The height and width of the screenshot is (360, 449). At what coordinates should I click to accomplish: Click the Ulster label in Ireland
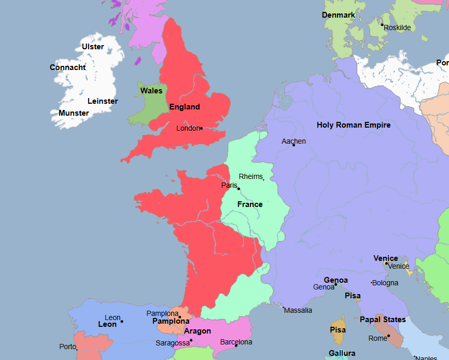pyautogui.click(x=93, y=47)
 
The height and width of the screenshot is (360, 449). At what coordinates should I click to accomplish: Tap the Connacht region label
pyautogui.click(x=68, y=67)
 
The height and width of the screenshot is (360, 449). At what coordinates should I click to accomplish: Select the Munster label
pyautogui.click(x=74, y=113)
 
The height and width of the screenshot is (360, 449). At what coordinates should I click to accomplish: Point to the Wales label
pyautogui.click(x=151, y=91)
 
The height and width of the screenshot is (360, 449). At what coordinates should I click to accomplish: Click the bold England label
pyautogui.click(x=185, y=107)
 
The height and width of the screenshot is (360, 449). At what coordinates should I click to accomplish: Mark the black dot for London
pyautogui.click(x=201, y=128)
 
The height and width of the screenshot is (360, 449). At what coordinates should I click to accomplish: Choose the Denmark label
pyautogui.click(x=339, y=15)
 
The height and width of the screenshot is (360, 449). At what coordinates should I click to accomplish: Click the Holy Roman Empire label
pyautogui.click(x=354, y=125)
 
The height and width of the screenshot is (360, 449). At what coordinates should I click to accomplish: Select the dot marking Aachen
pyautogui.click(x=293, y=145)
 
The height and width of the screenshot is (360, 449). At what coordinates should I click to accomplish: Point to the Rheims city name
pyautogui.click(x=250, y=177)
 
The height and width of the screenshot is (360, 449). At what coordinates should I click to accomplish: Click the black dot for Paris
pyautogui.click(x=238, y=189)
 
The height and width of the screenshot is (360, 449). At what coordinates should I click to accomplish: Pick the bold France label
pyautogui.click(x=250, y=204)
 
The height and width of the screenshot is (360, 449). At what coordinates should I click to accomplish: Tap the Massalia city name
pyautogui.click(x=299, y=310)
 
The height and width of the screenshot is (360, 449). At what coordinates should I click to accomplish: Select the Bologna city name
pyautogui.click(x=386, y=283)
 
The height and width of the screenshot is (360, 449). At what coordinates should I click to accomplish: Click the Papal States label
pyautogui.click(x=383, y=320)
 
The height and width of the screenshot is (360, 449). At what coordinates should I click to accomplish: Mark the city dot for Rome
pyautogui.click(x=388, y=336)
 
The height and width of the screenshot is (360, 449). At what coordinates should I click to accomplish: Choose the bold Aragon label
pyautogui.click(x=198, y=331)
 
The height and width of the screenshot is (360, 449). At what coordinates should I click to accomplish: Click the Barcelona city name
pyautogui.click(x=236, y=342)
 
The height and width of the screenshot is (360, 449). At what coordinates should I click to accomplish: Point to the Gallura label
pyautogui.click(x=342, y=354)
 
